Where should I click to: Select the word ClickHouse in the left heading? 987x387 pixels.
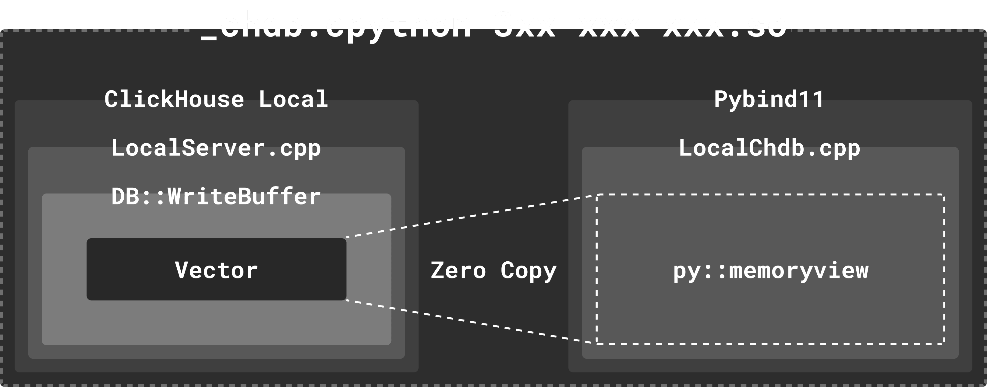coord(174,99)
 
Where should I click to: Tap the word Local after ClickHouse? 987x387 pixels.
coord(293,99)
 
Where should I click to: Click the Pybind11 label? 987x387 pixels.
coord(769,99)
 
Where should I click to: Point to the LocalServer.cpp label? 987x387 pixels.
coord(216,148)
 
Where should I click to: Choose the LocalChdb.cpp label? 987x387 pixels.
coord(769,148)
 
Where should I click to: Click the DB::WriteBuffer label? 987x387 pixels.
coord(216,197)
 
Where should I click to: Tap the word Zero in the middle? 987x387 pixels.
coord(458,271)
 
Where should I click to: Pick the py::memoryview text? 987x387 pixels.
coord(770,271)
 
